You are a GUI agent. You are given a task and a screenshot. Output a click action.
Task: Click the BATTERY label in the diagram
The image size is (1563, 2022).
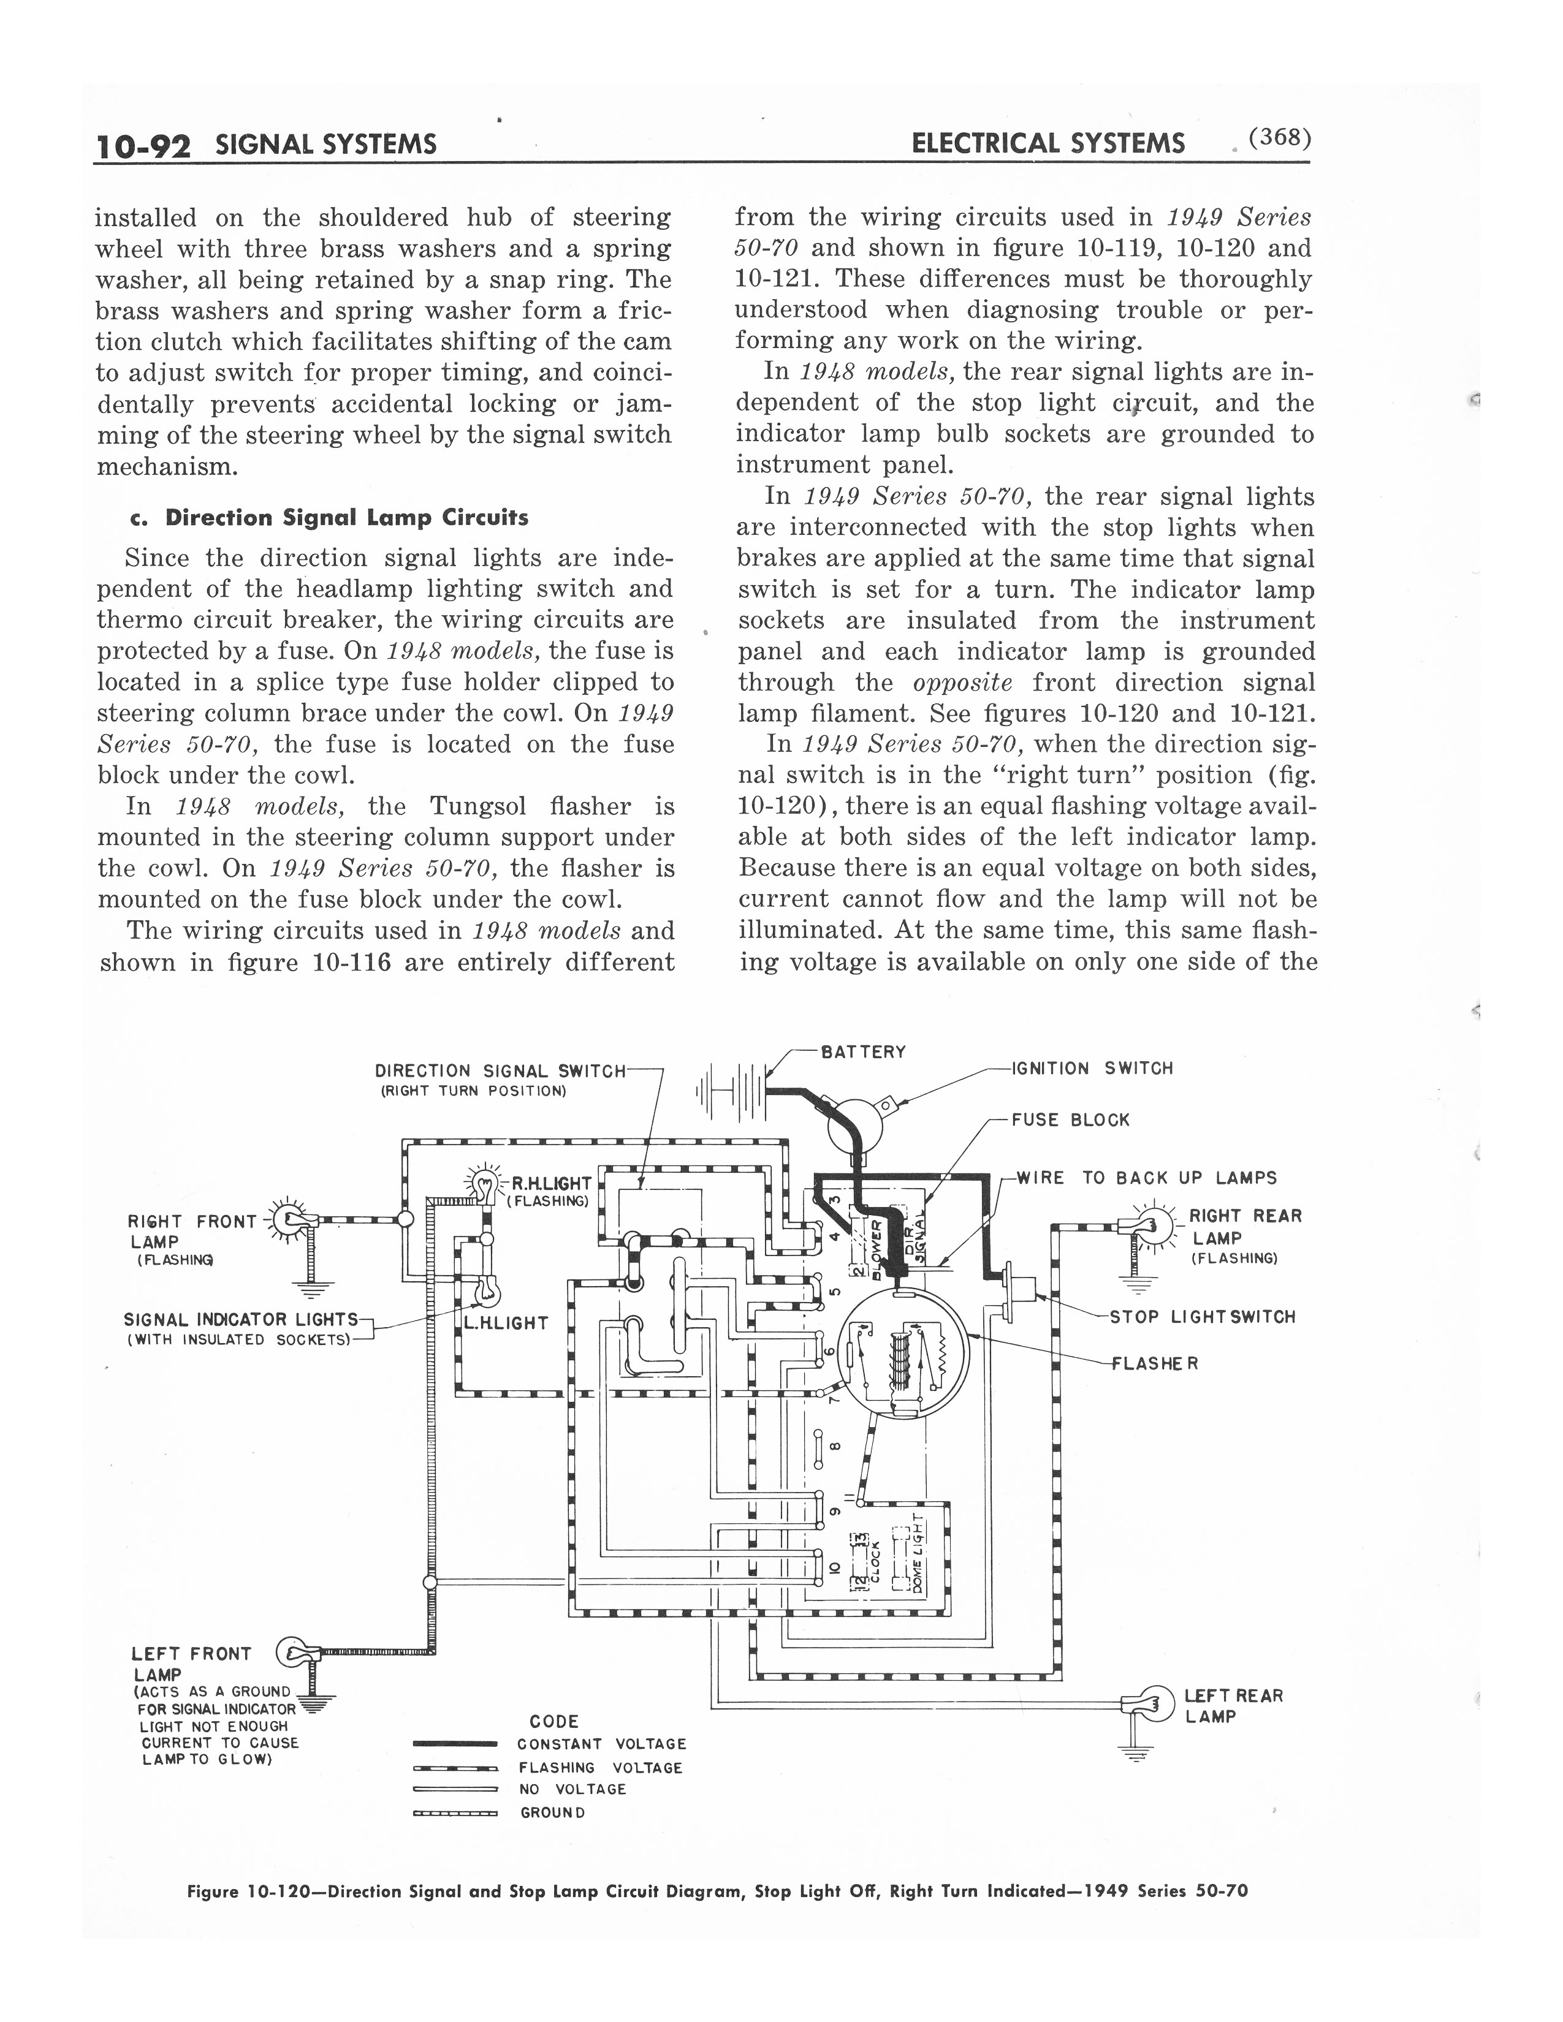(x=863, y=1051)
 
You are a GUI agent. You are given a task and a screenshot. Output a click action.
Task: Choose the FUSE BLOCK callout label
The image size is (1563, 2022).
(x=1070, y=1119)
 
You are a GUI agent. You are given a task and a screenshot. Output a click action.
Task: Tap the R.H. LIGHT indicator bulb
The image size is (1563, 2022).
(x=485, y=1183)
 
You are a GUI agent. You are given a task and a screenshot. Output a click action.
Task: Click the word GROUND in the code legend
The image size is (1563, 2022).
(x=553, y=1812)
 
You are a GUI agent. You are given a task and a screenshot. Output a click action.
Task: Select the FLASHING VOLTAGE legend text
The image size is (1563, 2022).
(x=601, y=1767)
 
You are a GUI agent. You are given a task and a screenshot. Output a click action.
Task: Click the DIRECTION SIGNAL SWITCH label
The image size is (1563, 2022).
(x=501, y=1070)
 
